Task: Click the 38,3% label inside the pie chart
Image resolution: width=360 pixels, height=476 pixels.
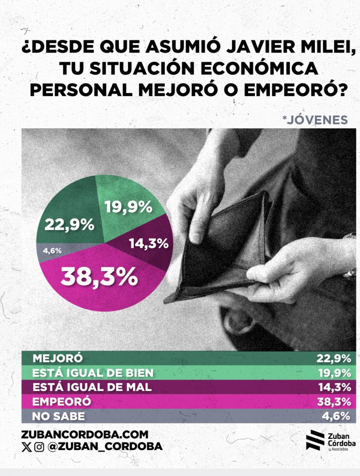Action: (99, 276)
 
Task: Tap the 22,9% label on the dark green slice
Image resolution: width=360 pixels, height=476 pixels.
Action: (69, 225)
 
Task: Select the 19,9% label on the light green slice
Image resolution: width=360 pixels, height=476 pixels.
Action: (128, 206)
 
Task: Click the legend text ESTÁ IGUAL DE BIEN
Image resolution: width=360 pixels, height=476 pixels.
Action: (93, 373)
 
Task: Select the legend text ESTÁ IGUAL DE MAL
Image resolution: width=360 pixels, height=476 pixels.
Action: (92, 387)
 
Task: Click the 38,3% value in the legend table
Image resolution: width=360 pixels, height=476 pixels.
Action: (333, 402)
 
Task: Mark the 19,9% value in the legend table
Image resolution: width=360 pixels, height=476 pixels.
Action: (333, 373)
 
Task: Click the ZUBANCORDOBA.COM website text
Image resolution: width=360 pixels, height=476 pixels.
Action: (85, 435)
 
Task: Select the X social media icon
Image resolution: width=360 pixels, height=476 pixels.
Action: (26, 447)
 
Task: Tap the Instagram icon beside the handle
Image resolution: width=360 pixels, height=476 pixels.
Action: (39, 447)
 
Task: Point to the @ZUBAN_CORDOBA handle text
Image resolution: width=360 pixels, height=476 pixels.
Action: (105, 447)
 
